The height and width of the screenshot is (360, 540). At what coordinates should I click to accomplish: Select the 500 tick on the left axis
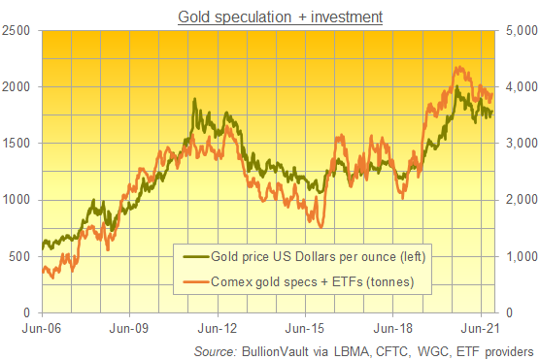(x=21, y=257)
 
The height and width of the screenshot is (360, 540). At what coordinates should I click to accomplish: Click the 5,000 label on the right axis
(x=518, y=30)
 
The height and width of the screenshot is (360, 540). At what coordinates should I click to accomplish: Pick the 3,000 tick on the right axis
(x=518, y=144)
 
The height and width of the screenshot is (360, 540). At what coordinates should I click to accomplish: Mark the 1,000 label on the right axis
(x=518, y=257)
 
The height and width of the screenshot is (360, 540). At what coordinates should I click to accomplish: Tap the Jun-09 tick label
(x=130, y=328)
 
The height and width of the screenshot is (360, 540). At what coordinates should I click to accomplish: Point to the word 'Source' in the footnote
(x=215, y=349)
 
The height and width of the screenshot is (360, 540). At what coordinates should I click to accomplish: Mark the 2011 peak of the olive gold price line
(x=194, y=100)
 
